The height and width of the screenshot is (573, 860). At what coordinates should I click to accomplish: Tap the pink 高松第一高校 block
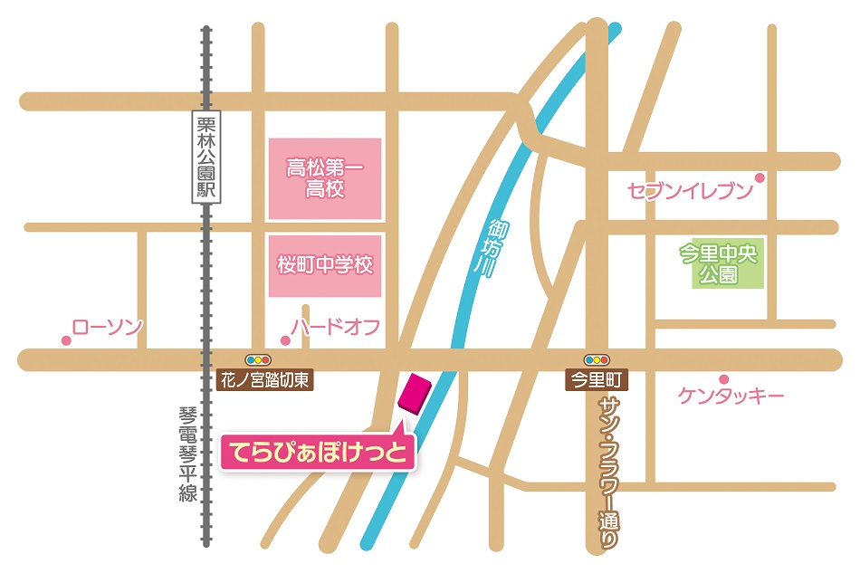click(x=325, y=178)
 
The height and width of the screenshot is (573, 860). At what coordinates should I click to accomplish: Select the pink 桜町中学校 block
click(x=325, y=266)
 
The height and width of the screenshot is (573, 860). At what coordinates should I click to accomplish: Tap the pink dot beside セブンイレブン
click(x=760, y=177)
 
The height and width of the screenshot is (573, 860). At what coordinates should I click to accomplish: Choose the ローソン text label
click(x=107, y=327)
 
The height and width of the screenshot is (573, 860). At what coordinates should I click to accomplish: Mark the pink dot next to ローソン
click(x=66, y=341)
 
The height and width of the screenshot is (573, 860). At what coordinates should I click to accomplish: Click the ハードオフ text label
click(x=335, y=327)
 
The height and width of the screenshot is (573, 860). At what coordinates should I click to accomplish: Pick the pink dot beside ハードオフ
click(x=285, y=341)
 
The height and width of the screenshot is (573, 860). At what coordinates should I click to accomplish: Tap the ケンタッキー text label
click(x=731, y=396)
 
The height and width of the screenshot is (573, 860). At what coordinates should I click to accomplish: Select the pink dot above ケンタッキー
click(x=723, y=378)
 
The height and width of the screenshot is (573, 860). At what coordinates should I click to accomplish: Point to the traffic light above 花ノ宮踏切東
click(x=258, y=359)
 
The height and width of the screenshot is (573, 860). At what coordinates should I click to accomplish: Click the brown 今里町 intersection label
click(x=597, y=380)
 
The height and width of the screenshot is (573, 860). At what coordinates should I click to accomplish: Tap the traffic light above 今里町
click(x=597, y=359)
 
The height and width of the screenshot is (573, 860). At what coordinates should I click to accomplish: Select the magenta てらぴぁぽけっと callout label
click(x=318, y=450)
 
